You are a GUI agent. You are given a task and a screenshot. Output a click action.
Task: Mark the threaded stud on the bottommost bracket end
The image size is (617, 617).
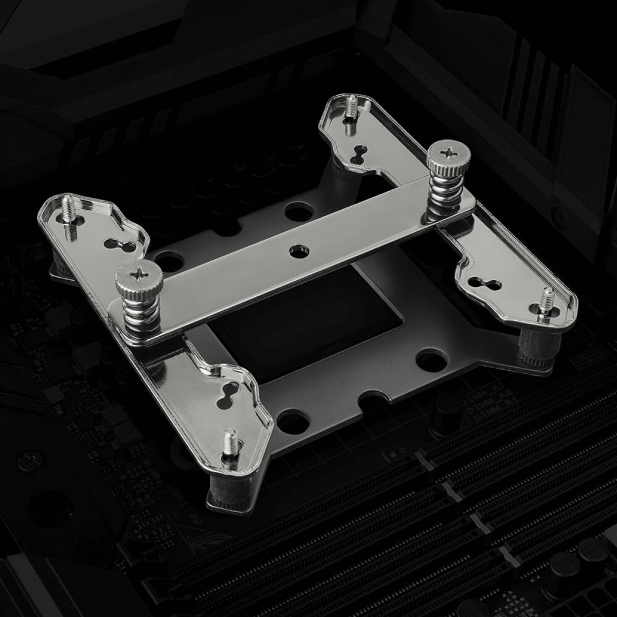point(226,445)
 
